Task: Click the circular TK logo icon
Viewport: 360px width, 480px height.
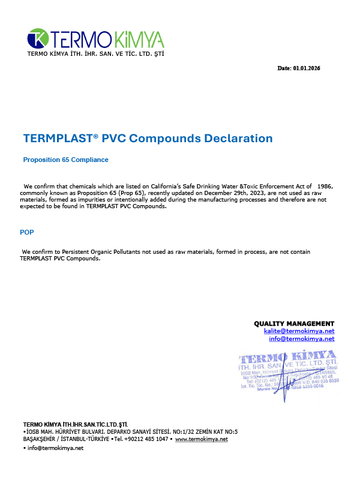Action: click(38, 39)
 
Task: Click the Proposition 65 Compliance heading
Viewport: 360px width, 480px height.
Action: click(65, 160)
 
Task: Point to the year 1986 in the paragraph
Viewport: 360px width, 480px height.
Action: click(325, 187)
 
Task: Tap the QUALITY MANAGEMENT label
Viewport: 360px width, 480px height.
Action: click(294, 323)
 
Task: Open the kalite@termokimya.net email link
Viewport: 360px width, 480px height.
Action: click(299, 331)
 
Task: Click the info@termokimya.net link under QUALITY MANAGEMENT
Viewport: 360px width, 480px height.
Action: click(301, 338)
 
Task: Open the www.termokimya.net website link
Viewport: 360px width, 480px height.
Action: click(201, 439)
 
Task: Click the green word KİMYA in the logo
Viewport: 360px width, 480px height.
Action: click(137, 40)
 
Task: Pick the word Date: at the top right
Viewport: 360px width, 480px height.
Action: click(284, 68)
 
